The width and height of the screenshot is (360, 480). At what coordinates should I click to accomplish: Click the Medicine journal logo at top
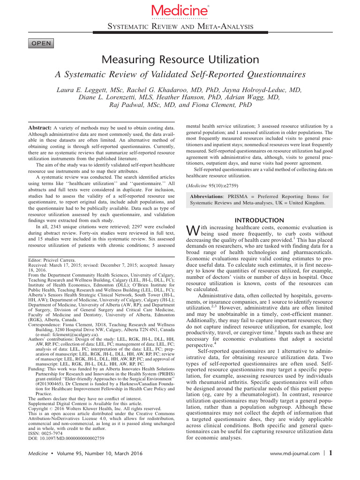coord(180,10)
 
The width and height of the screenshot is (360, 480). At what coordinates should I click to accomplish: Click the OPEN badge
coord(42,44)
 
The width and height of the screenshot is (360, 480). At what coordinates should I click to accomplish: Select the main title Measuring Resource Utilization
coord(180,60)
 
